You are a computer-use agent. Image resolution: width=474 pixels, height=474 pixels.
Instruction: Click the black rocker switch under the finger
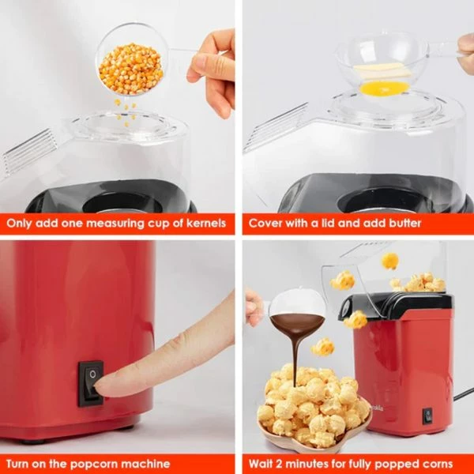pos(90,383)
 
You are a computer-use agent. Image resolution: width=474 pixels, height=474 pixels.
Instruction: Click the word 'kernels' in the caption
pos(202,224)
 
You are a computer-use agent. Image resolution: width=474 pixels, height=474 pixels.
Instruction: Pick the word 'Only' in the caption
pos(23,224)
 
